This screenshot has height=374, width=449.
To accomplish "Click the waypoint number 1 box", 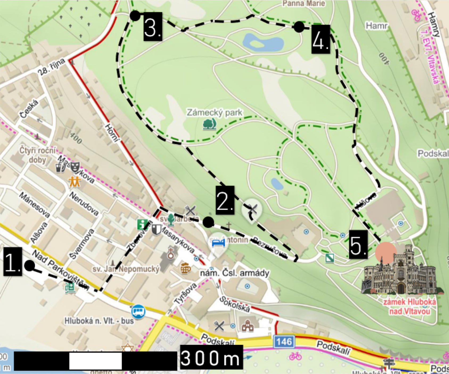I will point(13,262).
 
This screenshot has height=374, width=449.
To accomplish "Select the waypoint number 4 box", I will point(321,39).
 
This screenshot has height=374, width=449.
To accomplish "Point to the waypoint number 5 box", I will point(358,244).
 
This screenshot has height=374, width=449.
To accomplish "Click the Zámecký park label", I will point(214,113).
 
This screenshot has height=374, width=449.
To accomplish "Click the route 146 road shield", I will point(284,342).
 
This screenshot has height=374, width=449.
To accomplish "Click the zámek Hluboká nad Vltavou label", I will point(409,306).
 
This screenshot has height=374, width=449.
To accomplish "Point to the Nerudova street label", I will point(84,204).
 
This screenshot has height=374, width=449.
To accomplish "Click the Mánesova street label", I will point(35,205).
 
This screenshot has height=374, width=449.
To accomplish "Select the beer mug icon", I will point(186,268).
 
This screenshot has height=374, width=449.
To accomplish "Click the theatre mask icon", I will point(75,167).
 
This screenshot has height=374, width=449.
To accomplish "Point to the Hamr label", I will point(376,26).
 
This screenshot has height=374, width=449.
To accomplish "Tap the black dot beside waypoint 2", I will point(208,222).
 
